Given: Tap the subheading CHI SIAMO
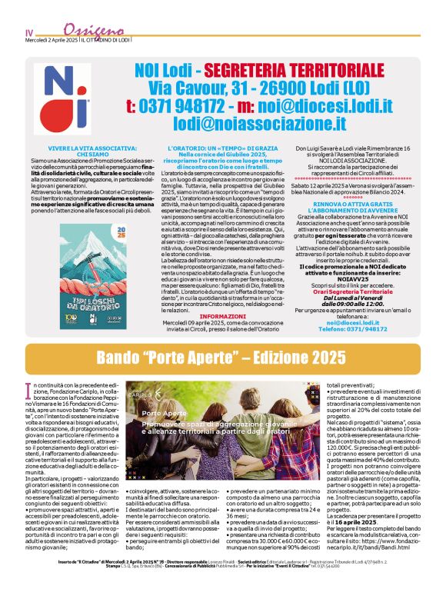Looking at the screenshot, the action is click(x=82, y=155).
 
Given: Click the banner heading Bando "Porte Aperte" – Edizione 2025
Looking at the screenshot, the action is click(x=221, y=357).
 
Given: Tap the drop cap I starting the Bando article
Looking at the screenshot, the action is click(x=29, y=388).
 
